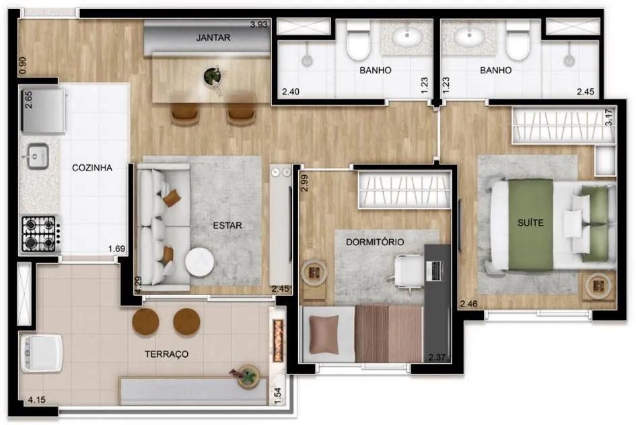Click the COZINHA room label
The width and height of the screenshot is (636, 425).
(x=92, y=168)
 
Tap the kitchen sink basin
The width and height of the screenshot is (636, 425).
(x=38, y=156)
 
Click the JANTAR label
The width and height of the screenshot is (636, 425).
(x=213, y=38)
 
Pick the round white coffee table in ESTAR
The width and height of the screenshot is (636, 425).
(x=200, y=262)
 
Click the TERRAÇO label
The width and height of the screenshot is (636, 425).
(x=167, y=354)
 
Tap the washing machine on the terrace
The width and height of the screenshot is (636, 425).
(x=41, y=353)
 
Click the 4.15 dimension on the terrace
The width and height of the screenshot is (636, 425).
(x=36, y=400)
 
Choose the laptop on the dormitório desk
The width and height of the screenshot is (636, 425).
(x=434, y=271)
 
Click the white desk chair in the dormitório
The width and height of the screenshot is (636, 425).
(x=408, y=271)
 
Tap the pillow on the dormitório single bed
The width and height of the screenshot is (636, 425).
(x=324, y=335)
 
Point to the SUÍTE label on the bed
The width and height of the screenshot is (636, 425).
(x=530, y=222)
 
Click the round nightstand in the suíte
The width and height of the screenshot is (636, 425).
(x=598, y=286)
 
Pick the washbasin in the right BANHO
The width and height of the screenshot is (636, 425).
(x=469, y=37)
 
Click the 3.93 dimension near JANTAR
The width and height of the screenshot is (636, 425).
(x=259, y=24)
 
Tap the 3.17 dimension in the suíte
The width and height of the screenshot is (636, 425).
(x=608, y=117)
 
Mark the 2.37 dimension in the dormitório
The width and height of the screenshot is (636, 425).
(x=437, y=357)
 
